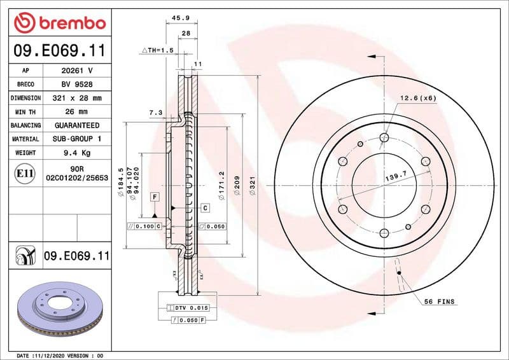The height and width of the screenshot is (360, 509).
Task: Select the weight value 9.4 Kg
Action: coord(77,153)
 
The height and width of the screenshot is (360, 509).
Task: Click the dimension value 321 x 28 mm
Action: coord(77,98)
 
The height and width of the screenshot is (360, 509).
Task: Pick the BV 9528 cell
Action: coord(77,84)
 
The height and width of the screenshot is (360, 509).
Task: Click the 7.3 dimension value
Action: coord(155,113)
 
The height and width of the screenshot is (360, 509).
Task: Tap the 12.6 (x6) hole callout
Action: coord(418,98)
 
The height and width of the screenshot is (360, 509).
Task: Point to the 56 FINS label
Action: coord(440,301)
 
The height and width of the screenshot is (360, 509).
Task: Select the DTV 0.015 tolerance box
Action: coord(191,307)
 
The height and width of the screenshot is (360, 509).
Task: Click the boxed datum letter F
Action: coord(155,197)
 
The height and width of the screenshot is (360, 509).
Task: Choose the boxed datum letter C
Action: coord(206,208)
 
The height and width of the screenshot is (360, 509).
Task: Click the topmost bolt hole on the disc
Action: coord(384,136)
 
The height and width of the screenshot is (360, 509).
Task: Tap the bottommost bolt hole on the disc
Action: coord(384,233)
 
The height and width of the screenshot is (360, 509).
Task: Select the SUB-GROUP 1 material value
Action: coord(77,139)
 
